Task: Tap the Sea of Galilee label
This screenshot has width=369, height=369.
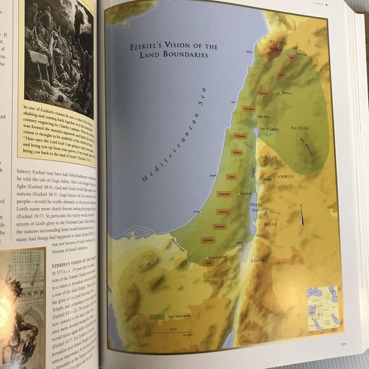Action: (x=270, y=130)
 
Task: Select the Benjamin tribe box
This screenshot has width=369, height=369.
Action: (x=225, y=193)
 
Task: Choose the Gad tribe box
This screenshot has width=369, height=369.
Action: (x=208, y=261)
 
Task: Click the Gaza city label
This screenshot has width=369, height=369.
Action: (x=197, y=211)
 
